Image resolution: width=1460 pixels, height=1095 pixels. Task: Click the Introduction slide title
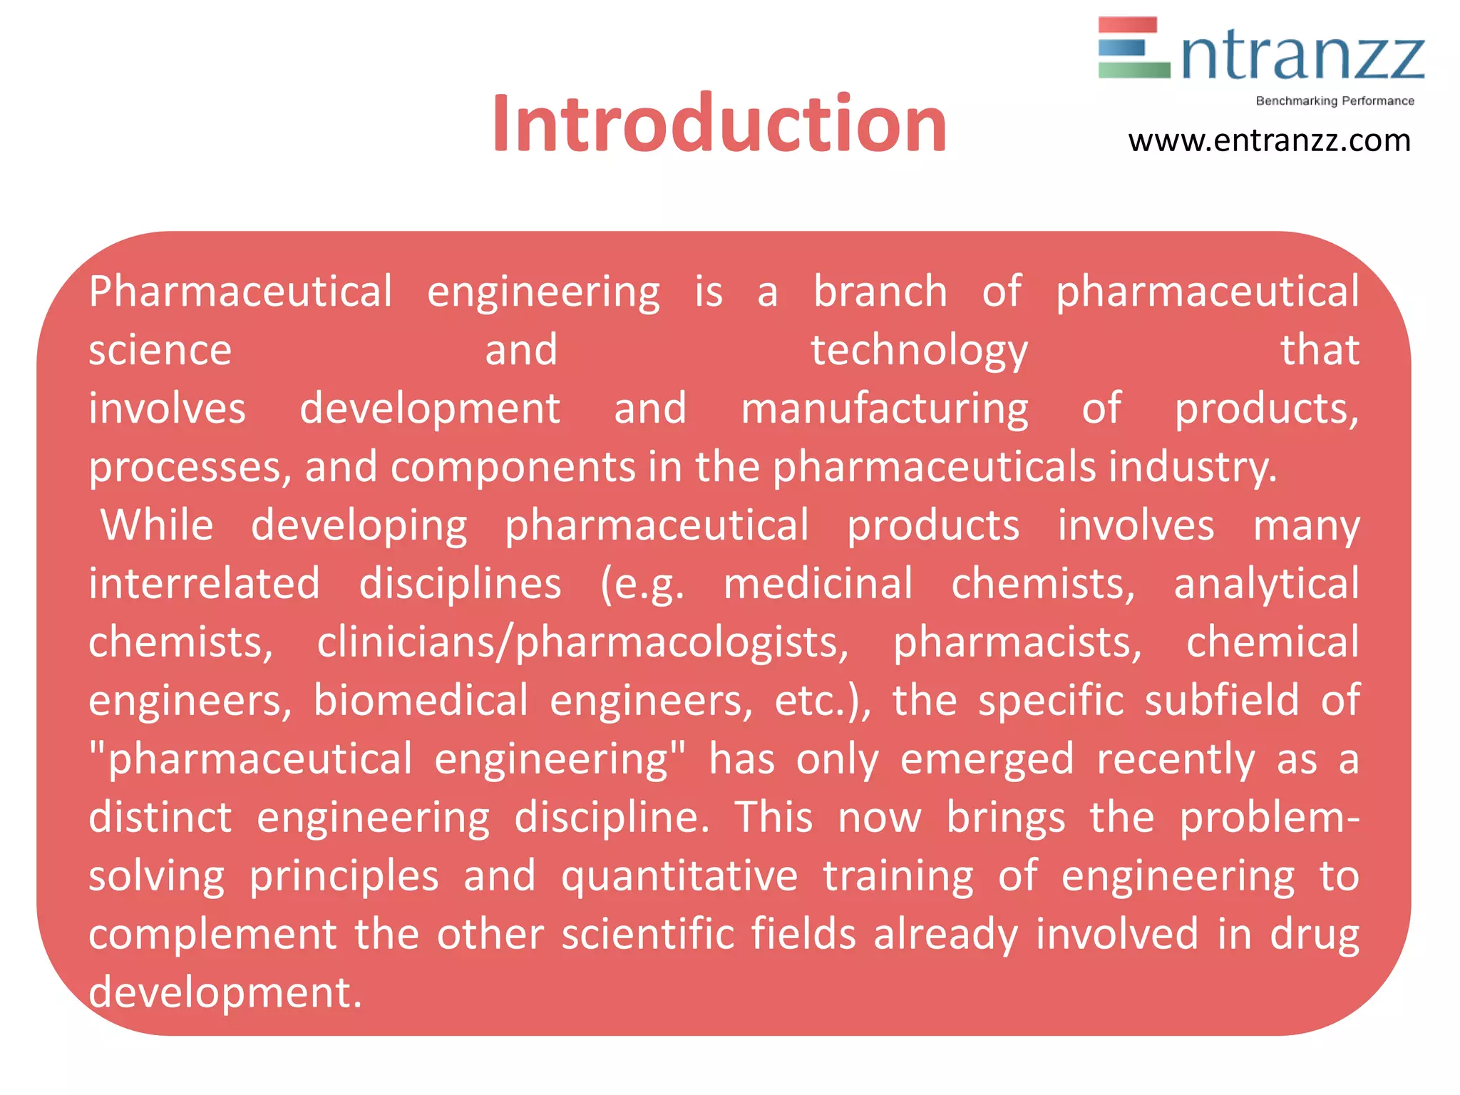point(719,125)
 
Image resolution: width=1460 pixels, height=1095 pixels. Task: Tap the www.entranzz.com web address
point(1269,141)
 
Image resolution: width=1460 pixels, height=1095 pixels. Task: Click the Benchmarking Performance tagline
point(1335,101)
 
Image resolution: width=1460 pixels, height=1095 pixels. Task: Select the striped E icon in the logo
point(1133,48)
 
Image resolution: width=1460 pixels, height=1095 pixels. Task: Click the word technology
point(919,351)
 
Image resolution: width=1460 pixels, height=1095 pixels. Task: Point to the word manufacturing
point(884,409)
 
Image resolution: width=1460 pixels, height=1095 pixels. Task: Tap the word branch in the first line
point(880,292)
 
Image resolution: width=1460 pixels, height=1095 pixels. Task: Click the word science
point(160,351)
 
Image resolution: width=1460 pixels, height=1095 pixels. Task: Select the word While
point(157,526)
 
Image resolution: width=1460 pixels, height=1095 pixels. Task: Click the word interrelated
point(204,585)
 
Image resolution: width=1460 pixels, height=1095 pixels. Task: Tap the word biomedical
point(421,701)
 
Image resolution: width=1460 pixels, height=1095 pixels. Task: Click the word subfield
point(1222,701)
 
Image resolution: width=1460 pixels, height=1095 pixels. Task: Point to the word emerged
point(987,760)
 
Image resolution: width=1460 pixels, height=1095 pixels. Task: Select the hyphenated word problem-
point(1269,818)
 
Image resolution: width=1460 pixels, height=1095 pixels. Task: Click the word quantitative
point(679,877)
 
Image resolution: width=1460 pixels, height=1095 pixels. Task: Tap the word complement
point(212,935)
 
